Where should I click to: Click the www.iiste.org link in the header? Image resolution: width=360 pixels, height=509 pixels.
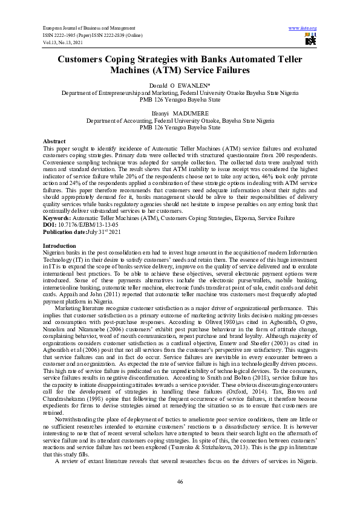coord(303,28)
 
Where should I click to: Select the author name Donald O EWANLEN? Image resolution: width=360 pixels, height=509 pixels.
coord(180,87)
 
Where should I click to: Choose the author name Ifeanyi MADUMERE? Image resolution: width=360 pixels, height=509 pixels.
coord(180,113)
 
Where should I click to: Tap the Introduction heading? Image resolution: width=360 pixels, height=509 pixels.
coord(59,246)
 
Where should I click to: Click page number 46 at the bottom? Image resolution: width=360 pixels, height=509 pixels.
coord(180,481)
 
